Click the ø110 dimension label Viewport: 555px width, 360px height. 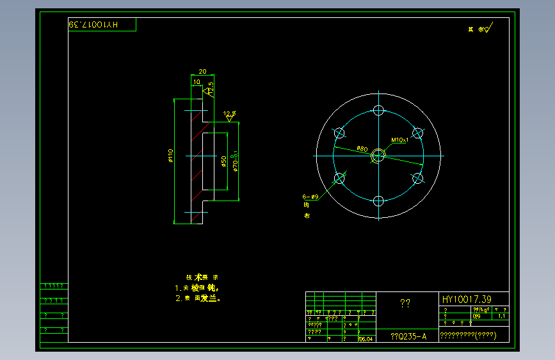tap(170, 156)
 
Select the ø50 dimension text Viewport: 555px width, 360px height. tap(223, 161)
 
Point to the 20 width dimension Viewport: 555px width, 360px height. tap(202, 71)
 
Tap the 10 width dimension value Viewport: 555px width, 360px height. tap(197, 81)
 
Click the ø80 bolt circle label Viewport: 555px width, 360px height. tap(362, 149)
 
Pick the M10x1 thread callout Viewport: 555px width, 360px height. tap(400, 140)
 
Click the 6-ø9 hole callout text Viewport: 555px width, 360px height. tap(310, 197)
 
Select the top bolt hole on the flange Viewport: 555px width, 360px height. tap(378, 110)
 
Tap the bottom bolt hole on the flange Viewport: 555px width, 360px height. tap(378, 201)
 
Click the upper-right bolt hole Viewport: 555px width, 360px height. tap(417, 133)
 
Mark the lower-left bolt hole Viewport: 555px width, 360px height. tap(339, 178)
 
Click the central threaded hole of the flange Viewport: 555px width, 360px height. tap(378, 155)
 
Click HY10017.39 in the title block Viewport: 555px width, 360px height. tap(466, 299)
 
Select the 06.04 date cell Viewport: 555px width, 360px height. tap(366, 340)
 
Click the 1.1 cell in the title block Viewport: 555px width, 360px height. tap(501, 316)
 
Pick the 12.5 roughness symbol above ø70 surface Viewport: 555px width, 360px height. tap(230, 115)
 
